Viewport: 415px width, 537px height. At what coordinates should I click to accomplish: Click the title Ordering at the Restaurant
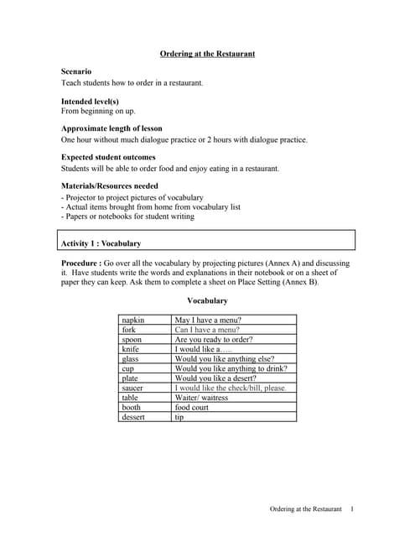[x=207, y=54]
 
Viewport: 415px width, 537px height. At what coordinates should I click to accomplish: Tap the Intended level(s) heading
[x=90, y=101]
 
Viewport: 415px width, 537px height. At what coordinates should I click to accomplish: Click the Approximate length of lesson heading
[x=112, y=128]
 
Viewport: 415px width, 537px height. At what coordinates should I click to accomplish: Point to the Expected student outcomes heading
[x=108, y=157]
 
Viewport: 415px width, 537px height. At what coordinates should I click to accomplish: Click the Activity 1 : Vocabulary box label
[x=101, y=243]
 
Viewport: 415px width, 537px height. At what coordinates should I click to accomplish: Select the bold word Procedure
[x=82, y=263]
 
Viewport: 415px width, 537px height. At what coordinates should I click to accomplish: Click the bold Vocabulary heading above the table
[x=207, y=300]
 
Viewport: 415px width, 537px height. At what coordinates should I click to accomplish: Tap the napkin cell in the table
[x=133, y=320]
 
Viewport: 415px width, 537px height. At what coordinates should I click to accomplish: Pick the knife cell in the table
[x=131, y=349]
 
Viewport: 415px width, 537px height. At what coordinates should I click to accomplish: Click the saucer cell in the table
[x=132, y=388]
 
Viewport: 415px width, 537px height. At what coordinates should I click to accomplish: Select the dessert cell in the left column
[x=133, y=417]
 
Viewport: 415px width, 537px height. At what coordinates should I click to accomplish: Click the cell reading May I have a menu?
[x=208, y=320]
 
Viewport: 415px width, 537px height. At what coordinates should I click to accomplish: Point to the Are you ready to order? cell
[x=213, y=339]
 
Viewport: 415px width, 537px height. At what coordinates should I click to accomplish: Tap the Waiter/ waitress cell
[x=201, y=398]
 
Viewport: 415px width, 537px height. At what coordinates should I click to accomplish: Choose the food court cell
[x=192, y=407]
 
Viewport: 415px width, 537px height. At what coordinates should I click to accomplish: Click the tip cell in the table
[x=179, y=417]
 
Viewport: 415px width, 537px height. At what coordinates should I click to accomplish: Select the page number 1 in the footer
[x=352, y=509]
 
